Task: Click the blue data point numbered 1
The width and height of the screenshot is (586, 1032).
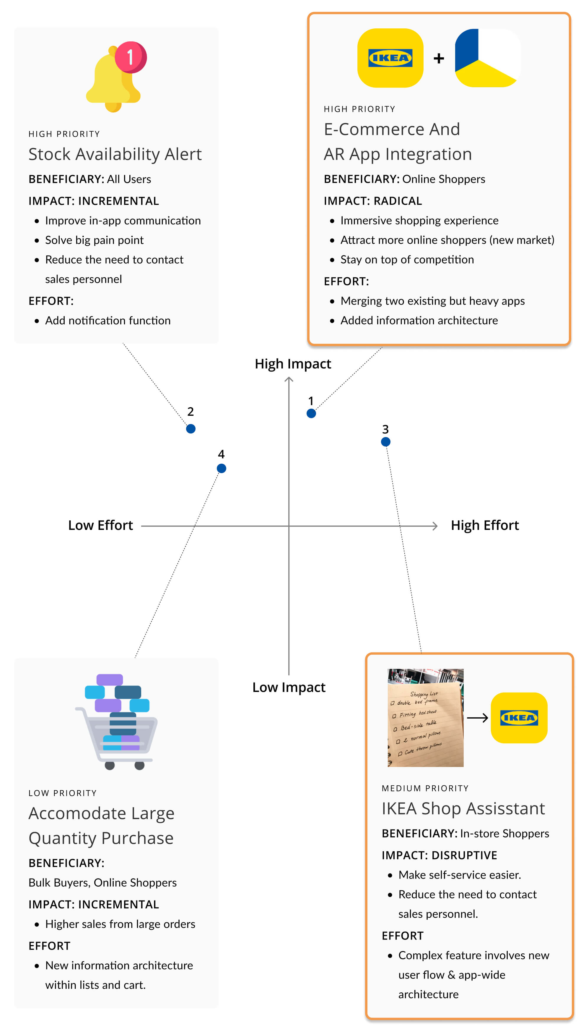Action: point(311,413)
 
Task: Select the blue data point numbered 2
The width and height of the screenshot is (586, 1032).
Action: point(191,428)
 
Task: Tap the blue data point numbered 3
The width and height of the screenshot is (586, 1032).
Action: point(385,442)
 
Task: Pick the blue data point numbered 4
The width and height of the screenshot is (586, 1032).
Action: point(221,468)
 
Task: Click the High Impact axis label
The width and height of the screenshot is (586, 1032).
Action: point(293,364)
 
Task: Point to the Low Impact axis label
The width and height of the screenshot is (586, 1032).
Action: point(289,687)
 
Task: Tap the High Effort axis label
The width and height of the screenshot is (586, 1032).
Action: point(485,525)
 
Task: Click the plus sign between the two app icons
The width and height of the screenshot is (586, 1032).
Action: point(439,59)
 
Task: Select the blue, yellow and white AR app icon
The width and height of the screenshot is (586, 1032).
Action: point(487,58)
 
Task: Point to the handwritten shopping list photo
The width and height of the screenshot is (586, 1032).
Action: point(425,718)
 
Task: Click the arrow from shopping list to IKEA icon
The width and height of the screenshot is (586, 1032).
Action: point(477,718)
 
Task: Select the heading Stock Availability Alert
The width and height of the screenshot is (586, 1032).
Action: point(115,154)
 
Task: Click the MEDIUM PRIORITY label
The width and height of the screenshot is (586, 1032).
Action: point(425,788)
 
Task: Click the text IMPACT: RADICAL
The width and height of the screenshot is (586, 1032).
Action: point(373,201)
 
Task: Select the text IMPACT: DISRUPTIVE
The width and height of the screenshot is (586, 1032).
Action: point(439,855)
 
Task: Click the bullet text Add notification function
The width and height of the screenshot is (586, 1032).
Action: point(108,321)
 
